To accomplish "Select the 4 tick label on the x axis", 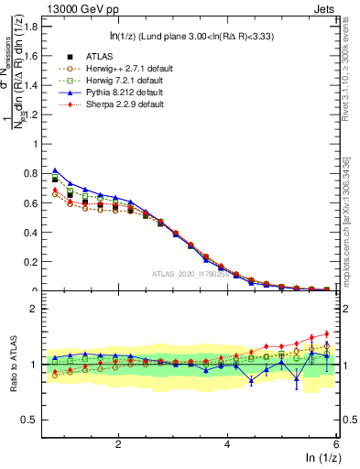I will click(x=227, y=443).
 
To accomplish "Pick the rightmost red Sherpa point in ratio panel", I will click(x=327, y=333).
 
